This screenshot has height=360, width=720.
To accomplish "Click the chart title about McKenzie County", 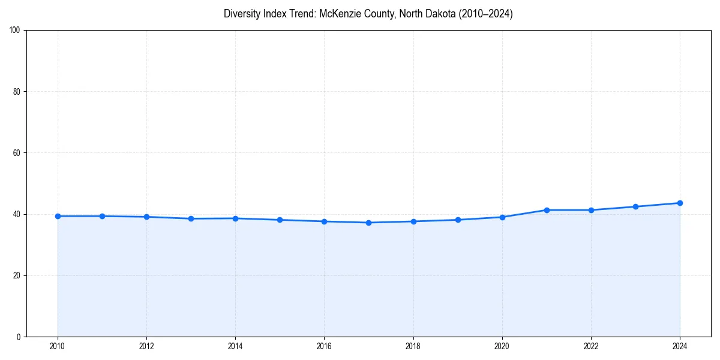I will point(368,14).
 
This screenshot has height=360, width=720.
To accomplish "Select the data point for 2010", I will point(58,216).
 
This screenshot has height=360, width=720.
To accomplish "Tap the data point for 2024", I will point(680,203).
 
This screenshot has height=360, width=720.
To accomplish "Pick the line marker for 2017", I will point(368,223).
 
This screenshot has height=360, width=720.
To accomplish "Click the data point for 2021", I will point(547,210).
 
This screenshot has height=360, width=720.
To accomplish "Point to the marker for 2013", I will point(191,218).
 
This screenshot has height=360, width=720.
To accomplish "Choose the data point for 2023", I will point(635,206).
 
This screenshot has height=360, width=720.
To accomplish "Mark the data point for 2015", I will point(280,220).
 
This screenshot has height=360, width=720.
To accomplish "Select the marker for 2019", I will point(458,220).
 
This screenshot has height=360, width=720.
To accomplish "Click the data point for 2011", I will point(102,216).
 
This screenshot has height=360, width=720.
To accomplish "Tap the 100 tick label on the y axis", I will point(15,31).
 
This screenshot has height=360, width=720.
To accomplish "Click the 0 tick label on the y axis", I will point(19,337).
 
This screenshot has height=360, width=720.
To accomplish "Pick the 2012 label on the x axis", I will point(146,346).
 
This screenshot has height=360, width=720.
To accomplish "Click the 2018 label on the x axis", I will point(413,346).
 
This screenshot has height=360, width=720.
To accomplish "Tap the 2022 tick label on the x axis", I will point(591,346).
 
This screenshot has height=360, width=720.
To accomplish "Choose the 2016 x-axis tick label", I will point(324,346).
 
